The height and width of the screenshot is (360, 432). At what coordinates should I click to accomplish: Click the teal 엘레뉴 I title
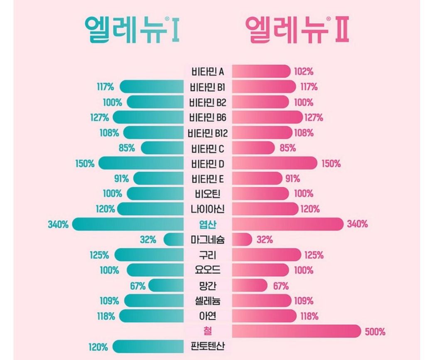132,30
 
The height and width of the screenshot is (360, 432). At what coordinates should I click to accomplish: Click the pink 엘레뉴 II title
297,30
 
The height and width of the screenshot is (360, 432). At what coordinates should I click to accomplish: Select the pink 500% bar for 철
296,331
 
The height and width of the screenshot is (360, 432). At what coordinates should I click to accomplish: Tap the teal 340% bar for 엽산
128,224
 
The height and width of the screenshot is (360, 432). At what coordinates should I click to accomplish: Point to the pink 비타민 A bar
261,71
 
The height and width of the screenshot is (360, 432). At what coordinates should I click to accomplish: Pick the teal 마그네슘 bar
174,240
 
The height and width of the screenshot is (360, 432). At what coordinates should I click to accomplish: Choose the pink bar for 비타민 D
274,163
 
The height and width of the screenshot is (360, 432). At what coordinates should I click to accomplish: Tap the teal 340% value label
58,225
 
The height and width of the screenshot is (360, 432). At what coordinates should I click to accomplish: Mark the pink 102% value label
304,71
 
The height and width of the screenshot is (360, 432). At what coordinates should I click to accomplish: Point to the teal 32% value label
148,240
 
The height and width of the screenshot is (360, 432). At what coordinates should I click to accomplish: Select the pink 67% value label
280,286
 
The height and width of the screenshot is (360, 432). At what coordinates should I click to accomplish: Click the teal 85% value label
126,148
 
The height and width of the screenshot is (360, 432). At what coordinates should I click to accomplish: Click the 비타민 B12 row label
208,133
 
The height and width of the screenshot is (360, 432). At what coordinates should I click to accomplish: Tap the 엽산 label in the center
208,225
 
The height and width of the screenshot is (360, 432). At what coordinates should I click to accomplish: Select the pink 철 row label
208,332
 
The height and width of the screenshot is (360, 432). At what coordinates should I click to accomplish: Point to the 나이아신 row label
208,209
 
